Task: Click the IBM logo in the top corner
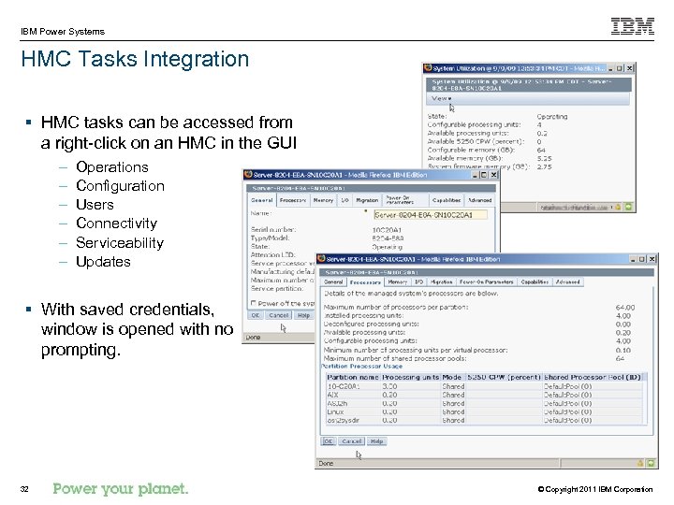pyautogui.click(x=633, y=26)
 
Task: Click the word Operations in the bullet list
pyautogui.click(x=111, y=166)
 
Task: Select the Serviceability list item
pyautogui.click(x=119, y=242)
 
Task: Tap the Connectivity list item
pyautogui.click(x=116, y=223)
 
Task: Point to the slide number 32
pyautogui.click(x=25, y=489)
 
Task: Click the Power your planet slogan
pyautogui.click(x=121, y=488)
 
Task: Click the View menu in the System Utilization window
pyautogui.click(x=440, y=98)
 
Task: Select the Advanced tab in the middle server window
pyautogui.click(x=479, y=199)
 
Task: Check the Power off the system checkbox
pyautogui.click(x=253, y=303)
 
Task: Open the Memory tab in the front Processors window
pyautogui.click(x=398, y=281)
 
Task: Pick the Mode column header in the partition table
pyautogui.click(x=451, y=378)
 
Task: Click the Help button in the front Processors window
pyautogui.click(x=376, y=440)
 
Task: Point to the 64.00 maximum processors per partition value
pyautogui.click(x=624, y=307)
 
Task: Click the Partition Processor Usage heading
pyautogui.click(x=364, y=366)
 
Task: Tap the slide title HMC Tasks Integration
pyautogui.click(x=136, y=59)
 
